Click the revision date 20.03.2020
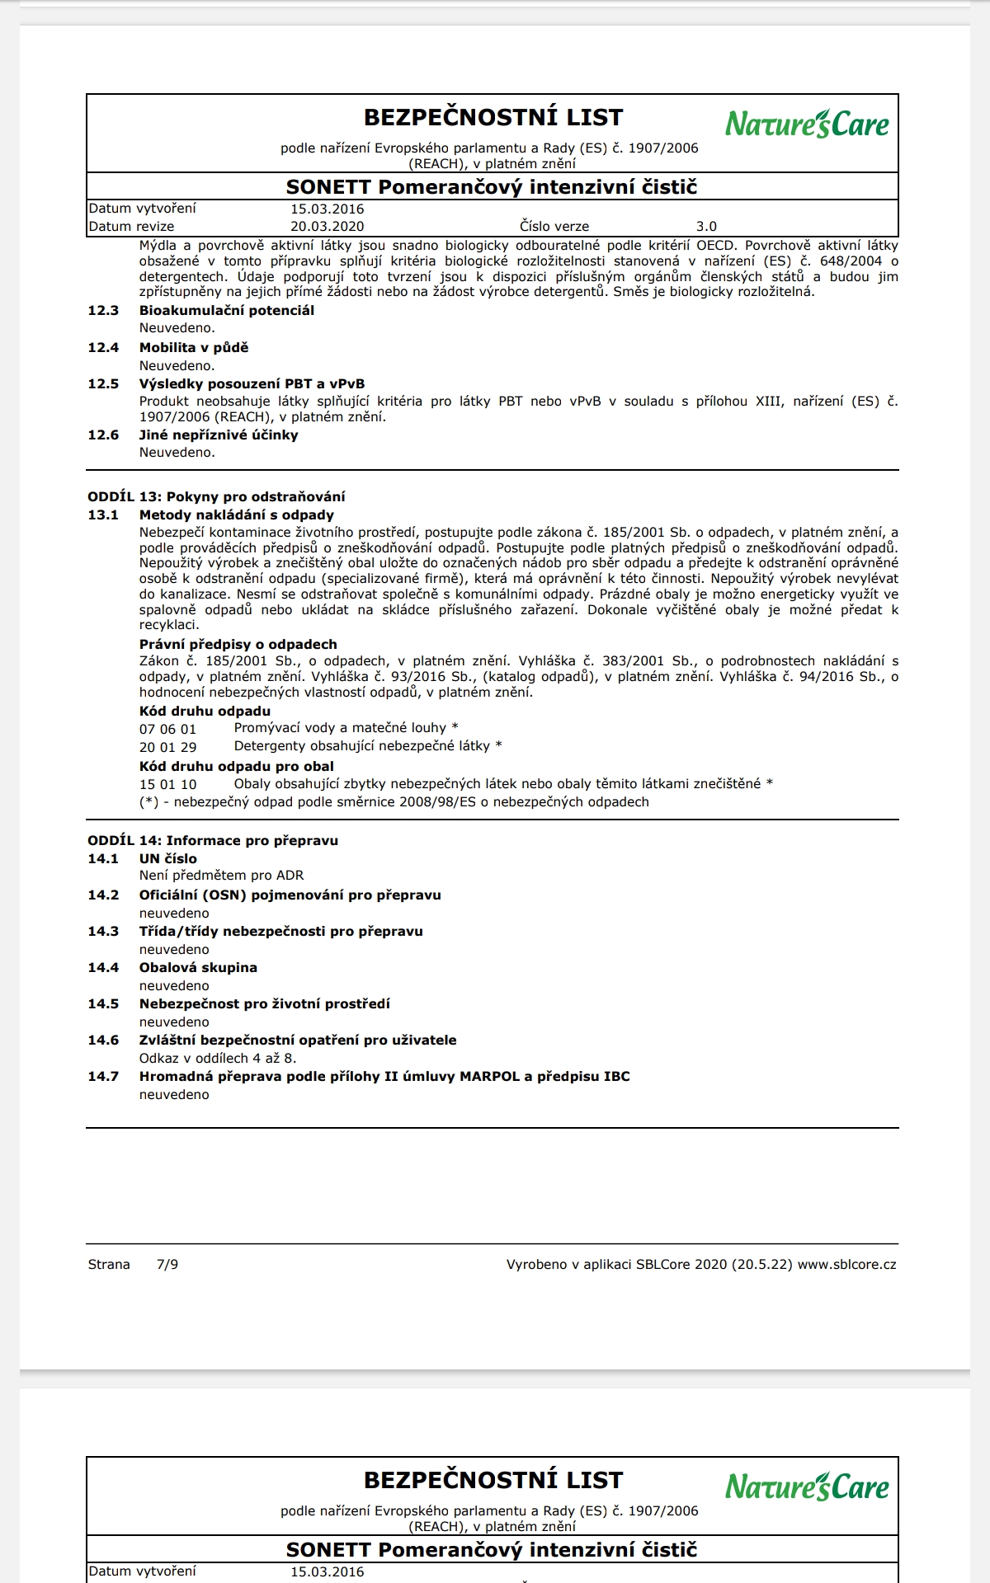click(x=327, y=227)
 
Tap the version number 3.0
click(x=706, y=227)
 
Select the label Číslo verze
click(x=554, y=227)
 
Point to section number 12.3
click(x=103, y=311)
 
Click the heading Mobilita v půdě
click(x=194, y=348)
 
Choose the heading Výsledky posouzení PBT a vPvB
click(x=252, y=384)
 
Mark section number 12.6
click(x=103, y=435)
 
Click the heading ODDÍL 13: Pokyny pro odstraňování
click(x=216, y=497)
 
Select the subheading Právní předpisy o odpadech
click(x=238, y=645)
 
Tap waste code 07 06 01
click(x=167, y=730)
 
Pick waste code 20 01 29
click(x=167, y=748)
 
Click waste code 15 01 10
click(x=167, y=785)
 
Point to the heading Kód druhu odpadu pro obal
click(x=236, y=767)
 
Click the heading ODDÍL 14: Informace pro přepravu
click(x=213, y=841)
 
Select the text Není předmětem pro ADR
click(x=221, y=876)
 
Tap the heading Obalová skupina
click(x=198, y=968)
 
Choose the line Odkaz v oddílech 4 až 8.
click(x=218, y=1059)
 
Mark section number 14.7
click(x=103, y=1077)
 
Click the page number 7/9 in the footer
click(x=167, y=1265)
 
